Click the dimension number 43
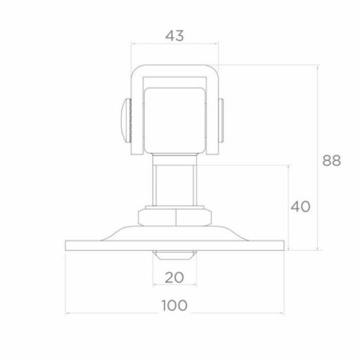(x=174, y=35)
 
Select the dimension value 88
(x=331, y=160)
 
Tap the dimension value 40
(x=300, y=206)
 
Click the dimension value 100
(x=174, y=305)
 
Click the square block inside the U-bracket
(x=174, y=119)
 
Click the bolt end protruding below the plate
(x=174, y=256)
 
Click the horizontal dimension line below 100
(x=174, y=313)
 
